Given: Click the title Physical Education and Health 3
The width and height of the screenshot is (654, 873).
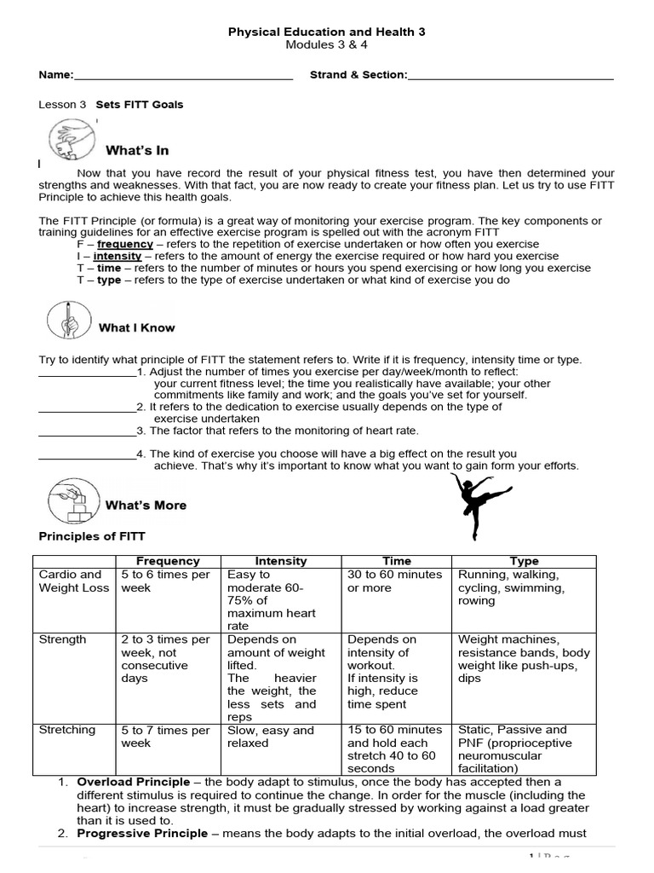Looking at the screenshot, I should pyautogui.click(x=327, y=32).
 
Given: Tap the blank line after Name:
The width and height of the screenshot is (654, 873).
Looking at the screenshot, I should pyautogui.click(x=183, y=77).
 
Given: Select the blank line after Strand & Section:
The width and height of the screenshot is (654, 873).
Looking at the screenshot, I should pyautogui.click(x=511, y=77).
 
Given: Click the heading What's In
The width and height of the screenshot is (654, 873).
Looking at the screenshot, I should pyautogui.click(x=137, y=151).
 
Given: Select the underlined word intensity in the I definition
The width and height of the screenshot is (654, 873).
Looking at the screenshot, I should pyautogui.click(x=117, y=256).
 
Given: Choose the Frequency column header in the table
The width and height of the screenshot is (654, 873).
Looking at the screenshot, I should pyautogui.click(x=168, y=561).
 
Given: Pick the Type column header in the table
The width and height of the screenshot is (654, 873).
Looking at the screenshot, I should pyautogui.click(x=524, y=561).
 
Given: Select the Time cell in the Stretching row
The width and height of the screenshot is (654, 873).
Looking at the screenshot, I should pyautogui.click(x=395, y=749).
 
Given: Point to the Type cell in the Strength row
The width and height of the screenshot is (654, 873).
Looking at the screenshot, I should pyautogui.click(x=524, y=659).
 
